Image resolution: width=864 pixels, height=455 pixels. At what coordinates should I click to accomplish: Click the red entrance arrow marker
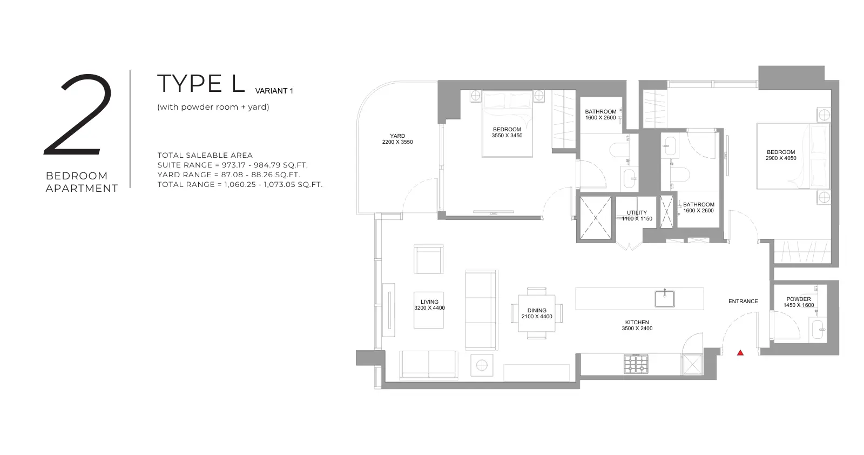[740, 353]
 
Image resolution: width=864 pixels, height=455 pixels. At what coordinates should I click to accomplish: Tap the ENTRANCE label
[743, 302]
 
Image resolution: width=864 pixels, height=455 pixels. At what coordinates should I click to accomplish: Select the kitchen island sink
[665, 299]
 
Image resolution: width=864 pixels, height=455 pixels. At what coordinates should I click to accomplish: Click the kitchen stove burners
[636, 364]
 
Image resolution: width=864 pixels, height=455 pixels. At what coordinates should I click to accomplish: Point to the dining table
[537, 313]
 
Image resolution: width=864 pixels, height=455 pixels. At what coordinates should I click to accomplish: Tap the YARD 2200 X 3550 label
[397, 139]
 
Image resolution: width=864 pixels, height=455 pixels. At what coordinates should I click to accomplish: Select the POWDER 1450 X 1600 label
[799, 302]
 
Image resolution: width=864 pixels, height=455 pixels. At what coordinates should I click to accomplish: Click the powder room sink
[818, 329]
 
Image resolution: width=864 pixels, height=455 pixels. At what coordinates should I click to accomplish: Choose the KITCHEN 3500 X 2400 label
[637, 325]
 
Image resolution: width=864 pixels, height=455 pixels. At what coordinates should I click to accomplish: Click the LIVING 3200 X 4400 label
[429, 305]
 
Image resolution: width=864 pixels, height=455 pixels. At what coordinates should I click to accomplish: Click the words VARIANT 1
[274, 91]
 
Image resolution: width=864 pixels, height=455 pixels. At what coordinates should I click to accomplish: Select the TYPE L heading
[201, 83]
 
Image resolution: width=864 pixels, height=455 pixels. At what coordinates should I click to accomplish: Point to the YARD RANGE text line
[228, 175]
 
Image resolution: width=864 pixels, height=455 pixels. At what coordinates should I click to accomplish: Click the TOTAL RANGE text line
[240, 184]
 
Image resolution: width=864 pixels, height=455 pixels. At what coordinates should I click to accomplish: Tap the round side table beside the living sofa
[482, 365]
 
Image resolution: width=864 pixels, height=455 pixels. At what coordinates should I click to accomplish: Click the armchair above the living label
[429, 259]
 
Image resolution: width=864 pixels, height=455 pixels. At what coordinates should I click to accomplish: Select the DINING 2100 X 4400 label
[537, 313]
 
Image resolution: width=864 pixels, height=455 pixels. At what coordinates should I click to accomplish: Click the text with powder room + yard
[213, 107]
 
